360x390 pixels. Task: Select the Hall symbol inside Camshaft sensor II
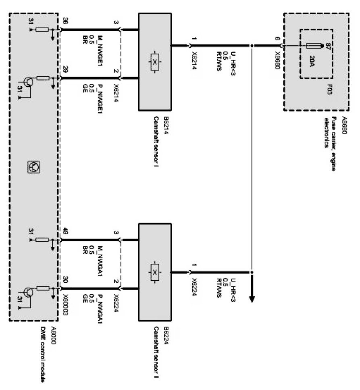pyautogui.click(x=154, y=273)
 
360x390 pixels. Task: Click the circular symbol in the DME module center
pyautogui.click(x=34, y=166)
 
